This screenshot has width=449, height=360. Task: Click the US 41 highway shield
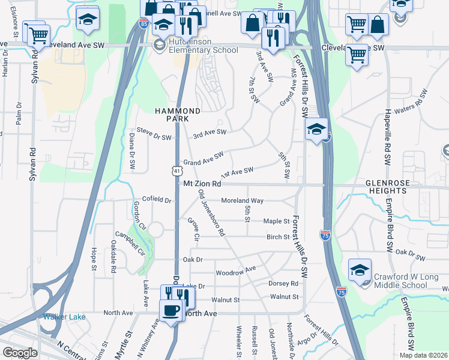(x=175, y=171)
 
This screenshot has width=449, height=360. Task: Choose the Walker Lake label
(x=64, y=317)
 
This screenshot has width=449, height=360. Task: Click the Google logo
(x=20, y=353)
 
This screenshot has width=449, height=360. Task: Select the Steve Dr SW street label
(x=154, y=137)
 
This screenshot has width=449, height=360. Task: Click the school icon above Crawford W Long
(x=360, y=269)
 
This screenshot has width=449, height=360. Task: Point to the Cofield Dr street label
(x=156, y=199)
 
